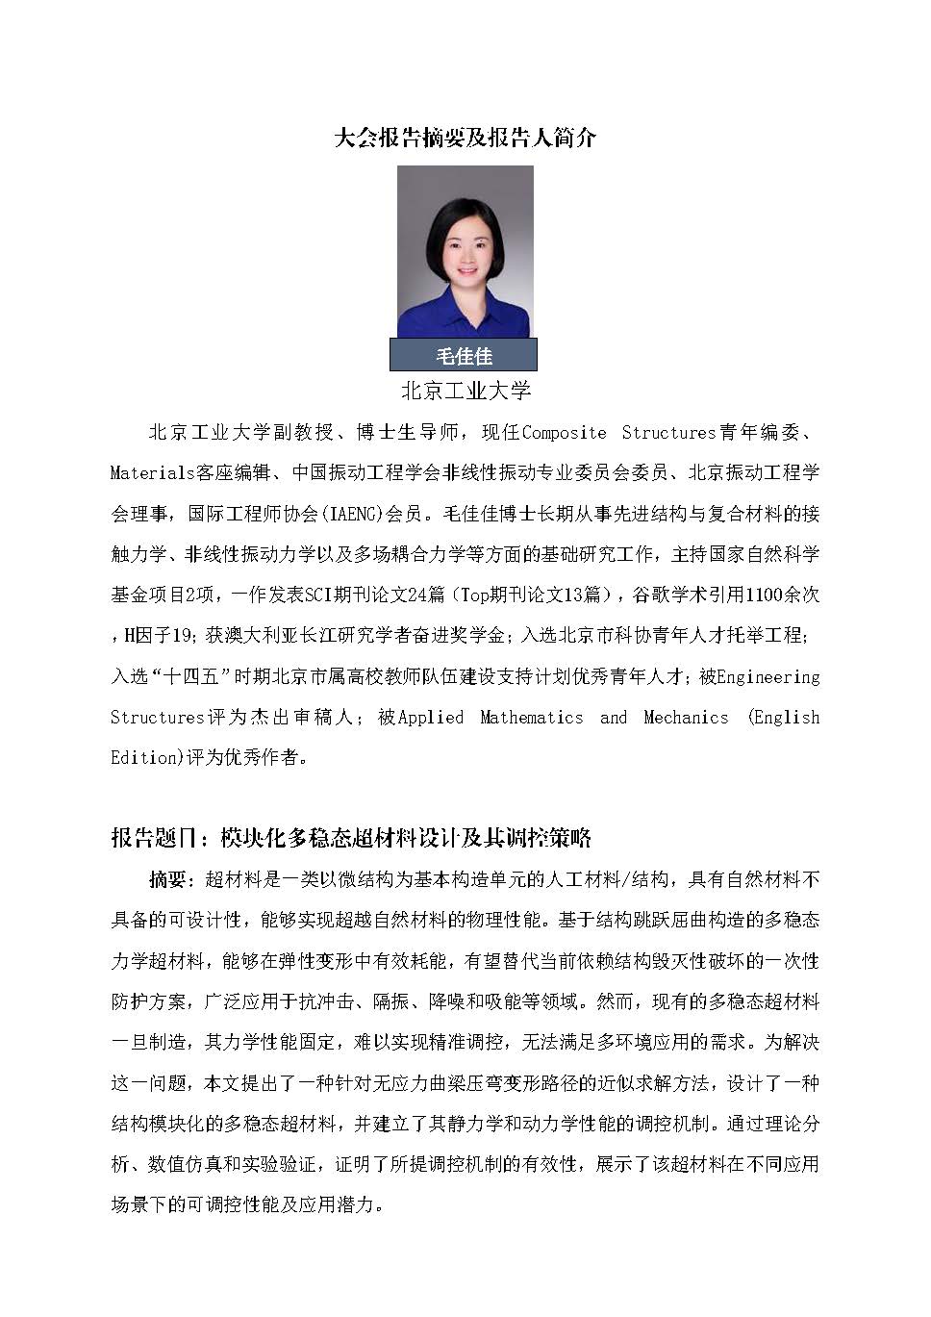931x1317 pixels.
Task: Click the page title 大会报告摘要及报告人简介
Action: [465, 138]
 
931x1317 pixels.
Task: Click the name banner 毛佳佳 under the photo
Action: [464, 356]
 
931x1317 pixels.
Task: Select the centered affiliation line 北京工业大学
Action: [465, 391]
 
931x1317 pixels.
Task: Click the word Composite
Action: [564, 432]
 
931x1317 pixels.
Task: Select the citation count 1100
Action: [767, 595]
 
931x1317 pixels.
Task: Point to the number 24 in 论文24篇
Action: [417, 595]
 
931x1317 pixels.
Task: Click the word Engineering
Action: [768, 676]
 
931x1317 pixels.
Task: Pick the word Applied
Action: [431, 717]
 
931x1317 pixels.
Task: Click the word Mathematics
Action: [531, 717]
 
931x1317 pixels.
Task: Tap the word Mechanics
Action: [686, 717]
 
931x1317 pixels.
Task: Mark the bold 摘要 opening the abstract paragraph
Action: [167, 879]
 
